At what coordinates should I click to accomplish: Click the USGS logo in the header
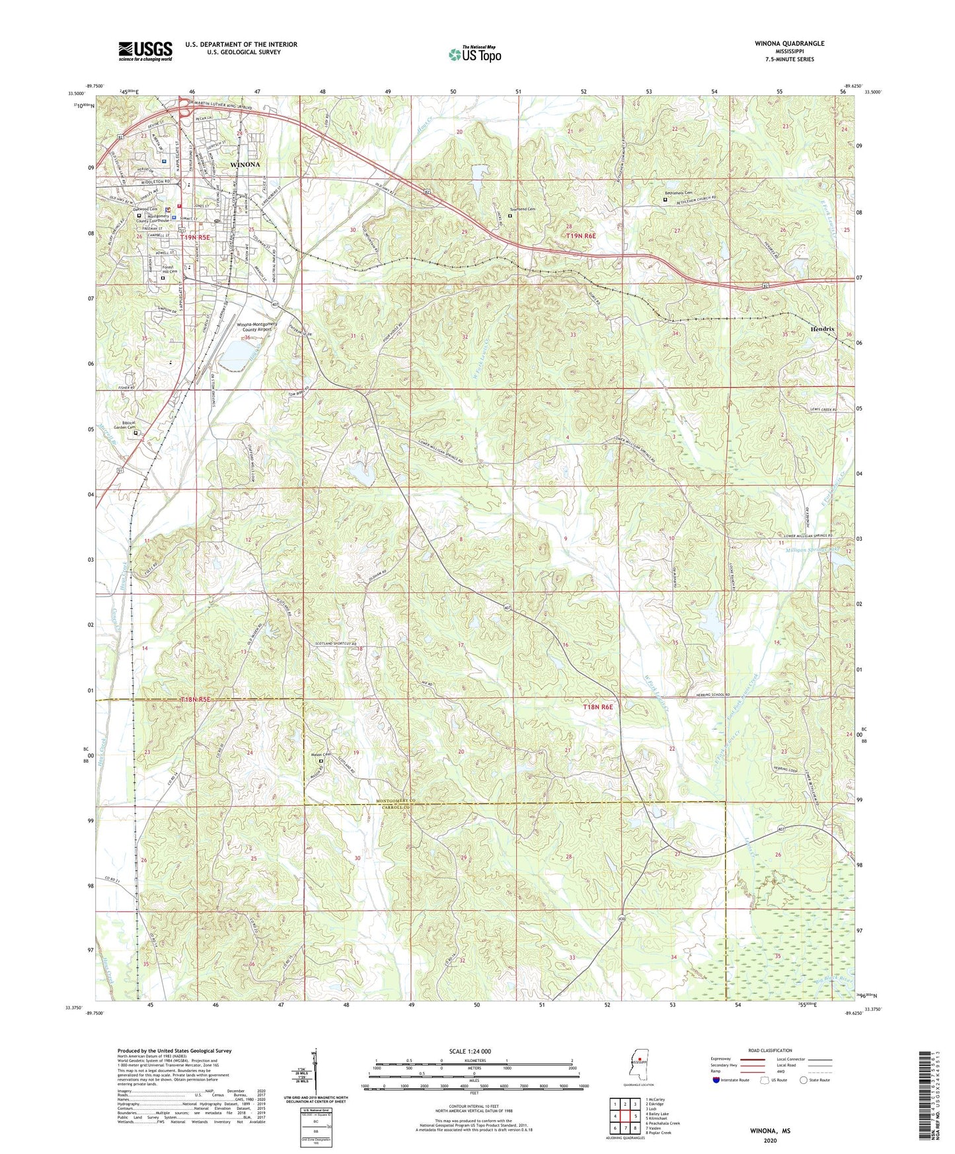click(x=145, y=51)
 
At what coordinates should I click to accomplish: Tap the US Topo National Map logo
click(x=475, y=54)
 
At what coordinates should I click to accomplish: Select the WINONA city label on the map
click(x=245, y=164)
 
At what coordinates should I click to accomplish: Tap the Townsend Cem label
click(x=522, y=209)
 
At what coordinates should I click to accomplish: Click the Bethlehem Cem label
click(x=678, y=193)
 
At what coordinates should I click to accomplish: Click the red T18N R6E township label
click(x=598, y=707)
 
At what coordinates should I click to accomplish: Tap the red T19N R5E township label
click(x=196, y=237)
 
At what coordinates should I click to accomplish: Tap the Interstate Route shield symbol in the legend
click(x=716, y=1080)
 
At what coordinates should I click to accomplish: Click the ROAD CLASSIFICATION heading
click(x=770, y=1050)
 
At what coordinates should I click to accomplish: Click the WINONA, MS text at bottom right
click(x=770, y=1131)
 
